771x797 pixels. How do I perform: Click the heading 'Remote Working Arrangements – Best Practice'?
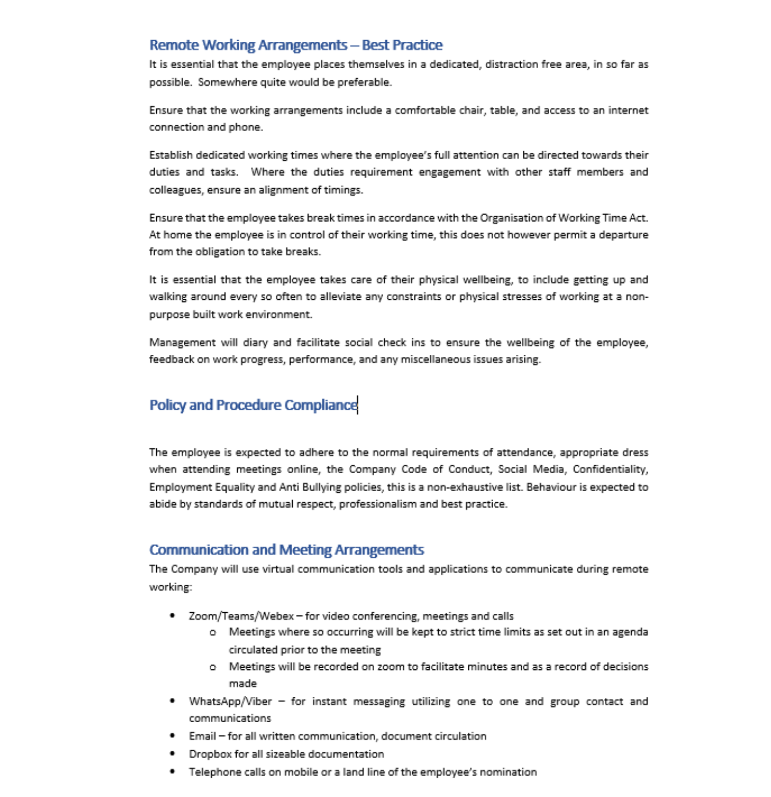296,45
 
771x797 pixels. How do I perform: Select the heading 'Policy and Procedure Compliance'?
253,405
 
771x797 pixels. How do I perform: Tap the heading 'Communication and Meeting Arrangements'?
286,550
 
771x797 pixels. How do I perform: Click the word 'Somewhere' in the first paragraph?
220,83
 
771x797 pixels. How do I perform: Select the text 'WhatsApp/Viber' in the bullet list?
230,702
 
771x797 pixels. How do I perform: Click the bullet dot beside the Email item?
173,736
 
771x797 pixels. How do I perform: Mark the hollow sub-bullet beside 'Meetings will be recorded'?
213,667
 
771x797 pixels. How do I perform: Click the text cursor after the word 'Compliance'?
358,405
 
